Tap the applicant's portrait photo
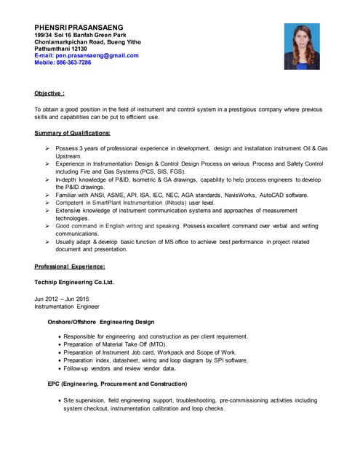click(x=302, y=46)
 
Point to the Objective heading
click(x=49, y=94)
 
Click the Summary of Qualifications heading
click(x=72, y=133)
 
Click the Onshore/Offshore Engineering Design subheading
click(x=100, y=322)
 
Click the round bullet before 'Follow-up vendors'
click(x=59, y=368)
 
